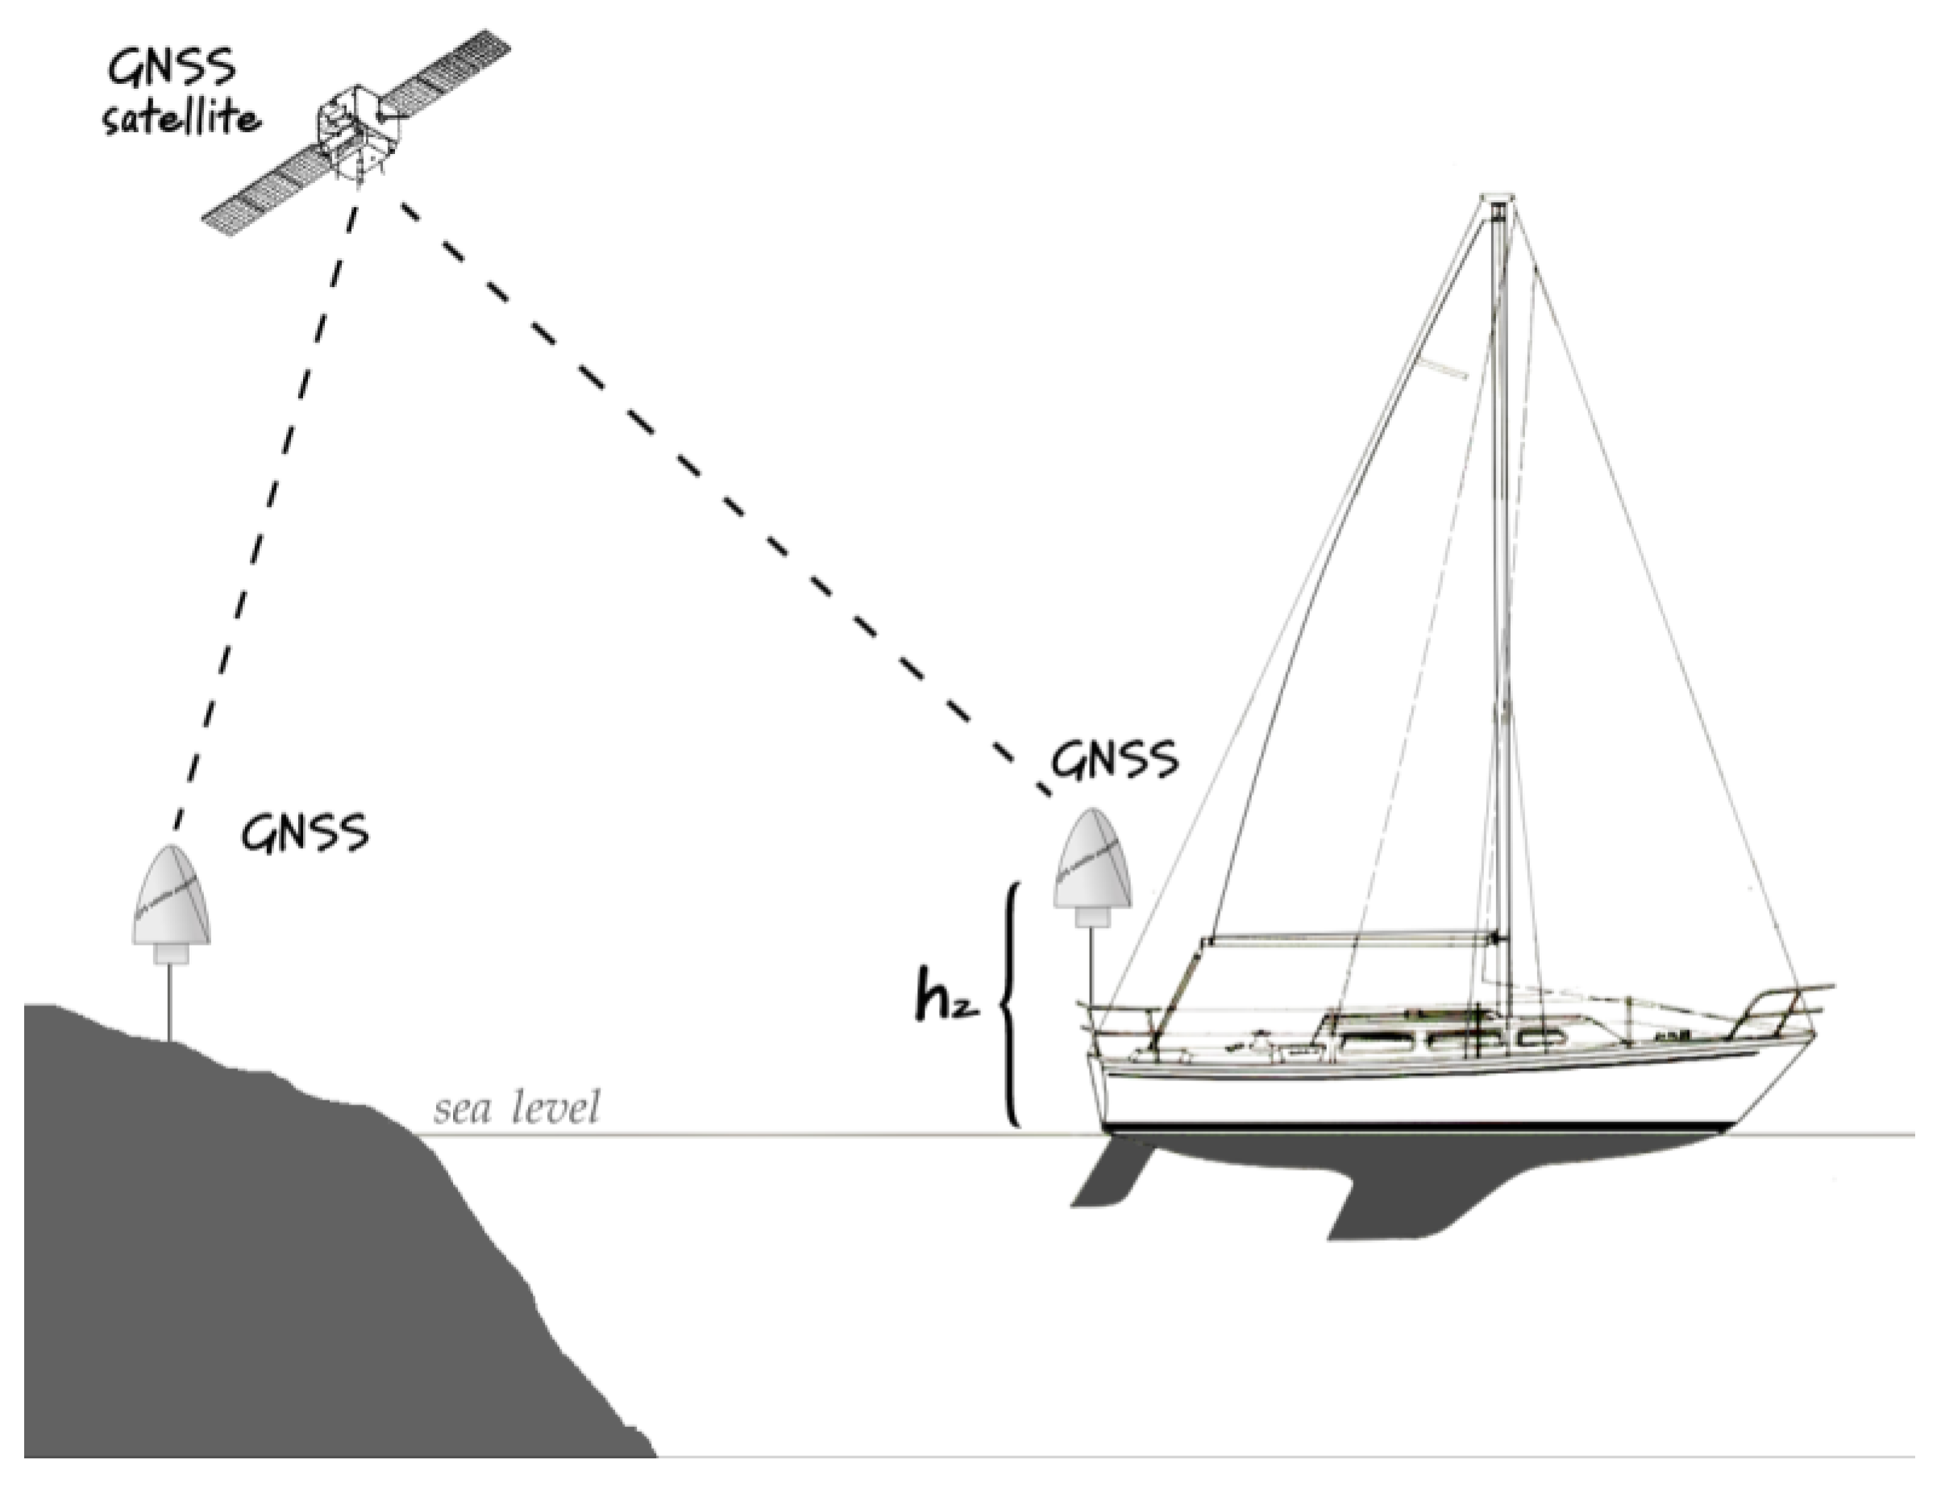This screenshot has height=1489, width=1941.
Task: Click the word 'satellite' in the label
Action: point(181,118)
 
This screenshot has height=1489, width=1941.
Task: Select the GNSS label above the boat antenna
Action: point(1115,759)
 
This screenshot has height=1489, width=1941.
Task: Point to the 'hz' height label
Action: point(946,1000)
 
